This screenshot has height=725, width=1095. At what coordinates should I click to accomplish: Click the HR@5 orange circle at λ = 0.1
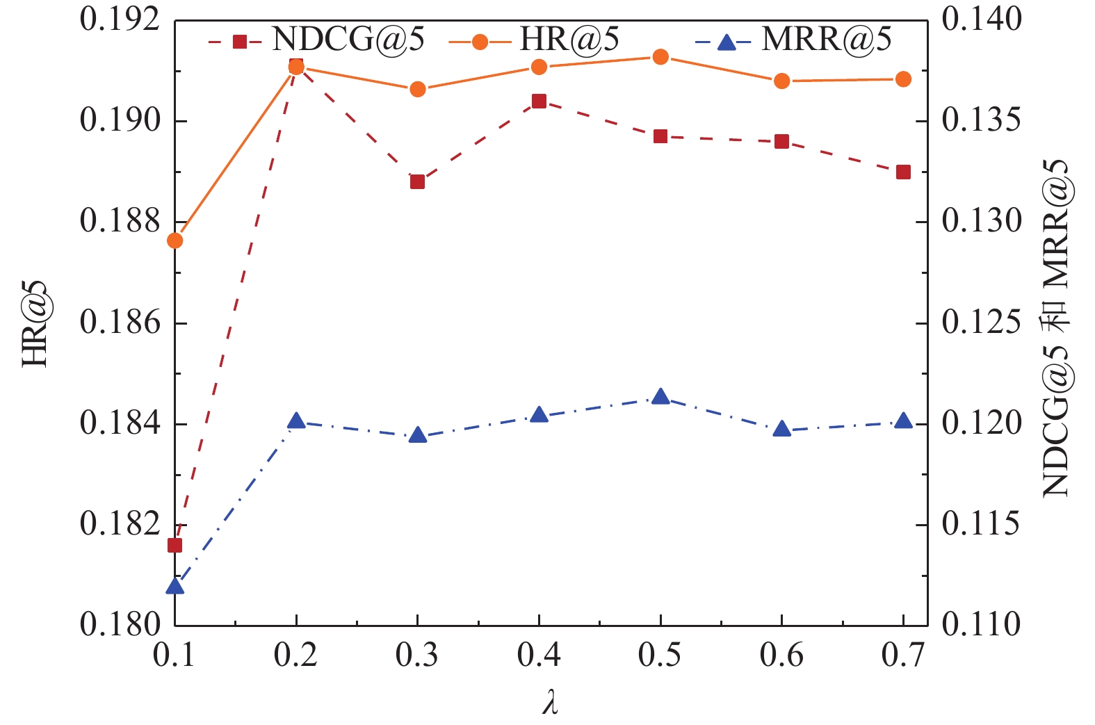175,241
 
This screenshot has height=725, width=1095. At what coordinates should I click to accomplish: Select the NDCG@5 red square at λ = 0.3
417,182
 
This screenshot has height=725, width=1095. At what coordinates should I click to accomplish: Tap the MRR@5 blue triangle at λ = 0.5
660,398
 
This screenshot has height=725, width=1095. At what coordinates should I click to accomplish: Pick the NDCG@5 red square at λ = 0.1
175,545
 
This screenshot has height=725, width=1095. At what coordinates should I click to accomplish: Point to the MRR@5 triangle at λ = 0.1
175,587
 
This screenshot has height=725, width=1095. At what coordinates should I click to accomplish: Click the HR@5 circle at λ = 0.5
660,57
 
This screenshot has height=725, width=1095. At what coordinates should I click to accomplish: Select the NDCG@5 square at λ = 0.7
903,172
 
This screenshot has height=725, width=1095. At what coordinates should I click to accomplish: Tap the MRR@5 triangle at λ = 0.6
782,429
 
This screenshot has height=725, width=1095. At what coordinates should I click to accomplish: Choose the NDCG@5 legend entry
316,40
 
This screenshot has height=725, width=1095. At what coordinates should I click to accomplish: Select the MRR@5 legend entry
793,40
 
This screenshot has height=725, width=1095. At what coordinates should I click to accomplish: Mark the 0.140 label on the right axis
982,20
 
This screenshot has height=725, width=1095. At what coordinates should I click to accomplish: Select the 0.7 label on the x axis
903,655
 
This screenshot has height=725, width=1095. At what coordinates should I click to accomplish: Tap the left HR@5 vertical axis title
35,323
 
